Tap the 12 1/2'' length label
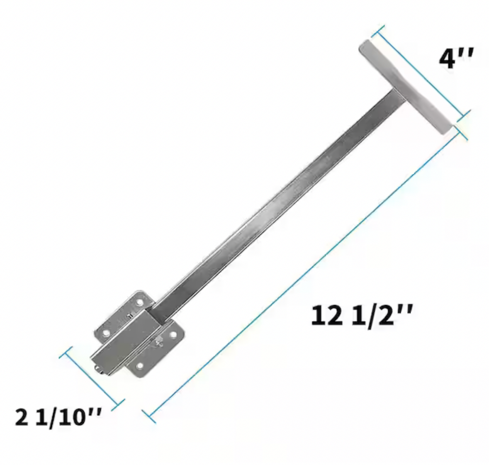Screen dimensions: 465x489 click(x=361, y=316)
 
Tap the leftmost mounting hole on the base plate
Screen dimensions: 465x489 click(x=105, y=333)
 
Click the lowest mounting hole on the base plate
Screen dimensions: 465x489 click(x=139, y=366)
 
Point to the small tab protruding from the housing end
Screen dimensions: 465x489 click(x=99, y=369)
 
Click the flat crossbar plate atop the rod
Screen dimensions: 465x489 click(x=404, y=87)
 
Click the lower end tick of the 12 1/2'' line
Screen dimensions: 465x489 click(x=149, y=416)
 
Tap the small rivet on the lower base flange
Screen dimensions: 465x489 click(x=159, y=341)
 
